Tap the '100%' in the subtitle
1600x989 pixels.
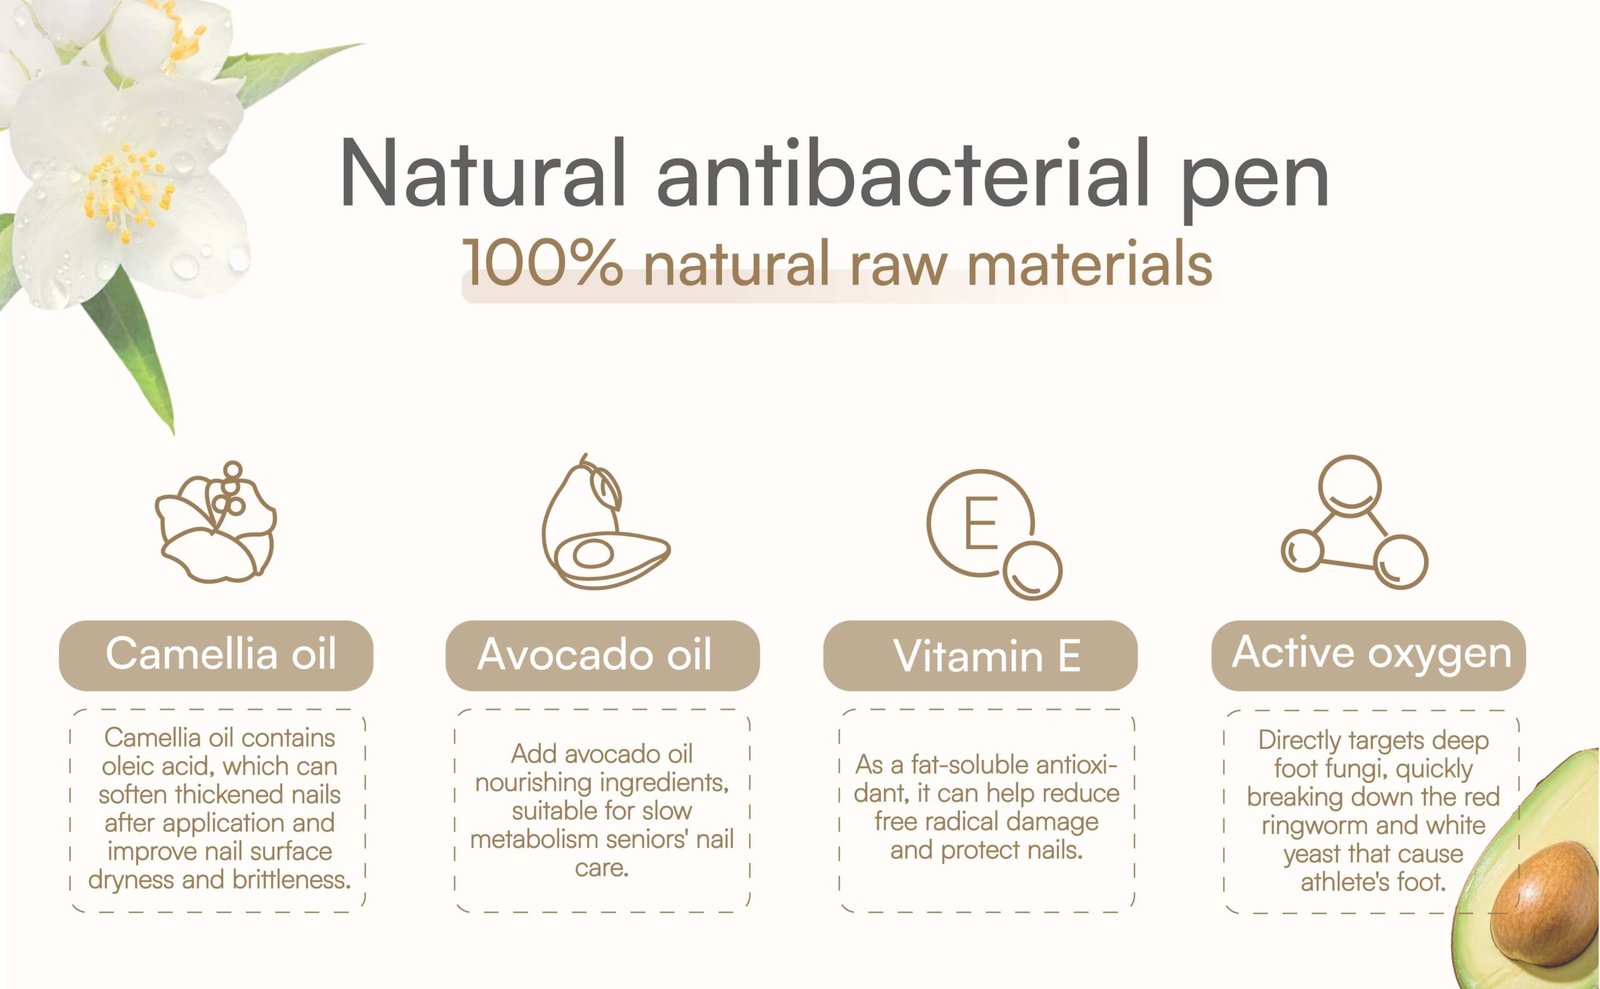click(x=543, y=263)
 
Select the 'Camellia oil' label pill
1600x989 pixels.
click(x=216, y=655)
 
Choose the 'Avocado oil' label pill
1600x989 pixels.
click(x=602, y=655)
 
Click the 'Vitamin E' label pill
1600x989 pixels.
click(x=980, y=655)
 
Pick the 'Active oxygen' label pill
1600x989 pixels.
click(x=1369, y=655)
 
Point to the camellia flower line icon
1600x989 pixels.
click(x=216, y=522)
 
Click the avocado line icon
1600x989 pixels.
click(x=605, y=522)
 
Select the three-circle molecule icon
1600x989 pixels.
click(x=1354, y=522)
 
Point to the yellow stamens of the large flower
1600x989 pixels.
click(x=127, y=191)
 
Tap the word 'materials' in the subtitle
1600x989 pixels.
click(x=1089, y=263)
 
